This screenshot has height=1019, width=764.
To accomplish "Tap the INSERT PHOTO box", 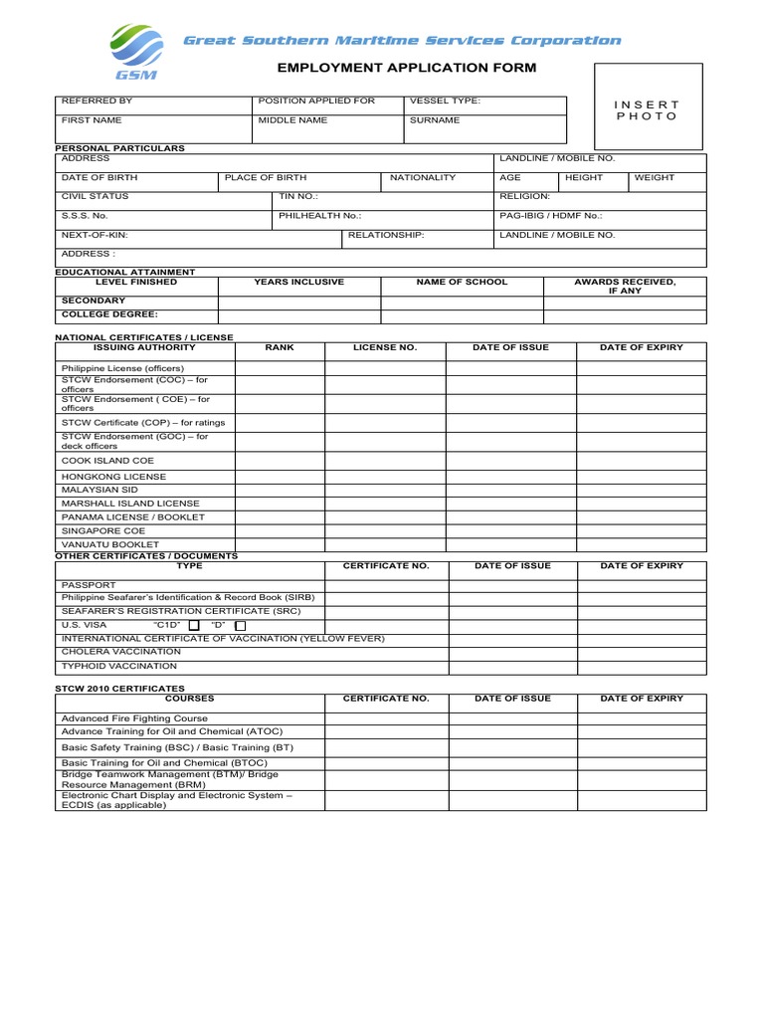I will point(647,110).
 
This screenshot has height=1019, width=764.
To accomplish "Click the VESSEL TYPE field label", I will point(444,101).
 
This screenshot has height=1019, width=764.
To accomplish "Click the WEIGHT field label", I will point(655,177).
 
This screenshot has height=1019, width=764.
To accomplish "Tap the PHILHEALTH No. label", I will point(320,215).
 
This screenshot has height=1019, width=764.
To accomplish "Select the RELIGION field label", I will point(524,196).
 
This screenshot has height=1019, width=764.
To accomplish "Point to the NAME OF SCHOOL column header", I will point(462,282).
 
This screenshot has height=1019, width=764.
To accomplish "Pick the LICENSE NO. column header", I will point(385,348).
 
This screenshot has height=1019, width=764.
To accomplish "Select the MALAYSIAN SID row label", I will point(99,490).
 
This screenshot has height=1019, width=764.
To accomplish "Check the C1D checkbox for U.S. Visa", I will point(194,625).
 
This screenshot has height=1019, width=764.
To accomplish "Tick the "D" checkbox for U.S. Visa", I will point(240,625).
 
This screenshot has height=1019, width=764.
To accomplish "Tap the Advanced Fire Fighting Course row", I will point(135,717).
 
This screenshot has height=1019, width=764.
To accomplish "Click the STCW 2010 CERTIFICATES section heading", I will point(119,688).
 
